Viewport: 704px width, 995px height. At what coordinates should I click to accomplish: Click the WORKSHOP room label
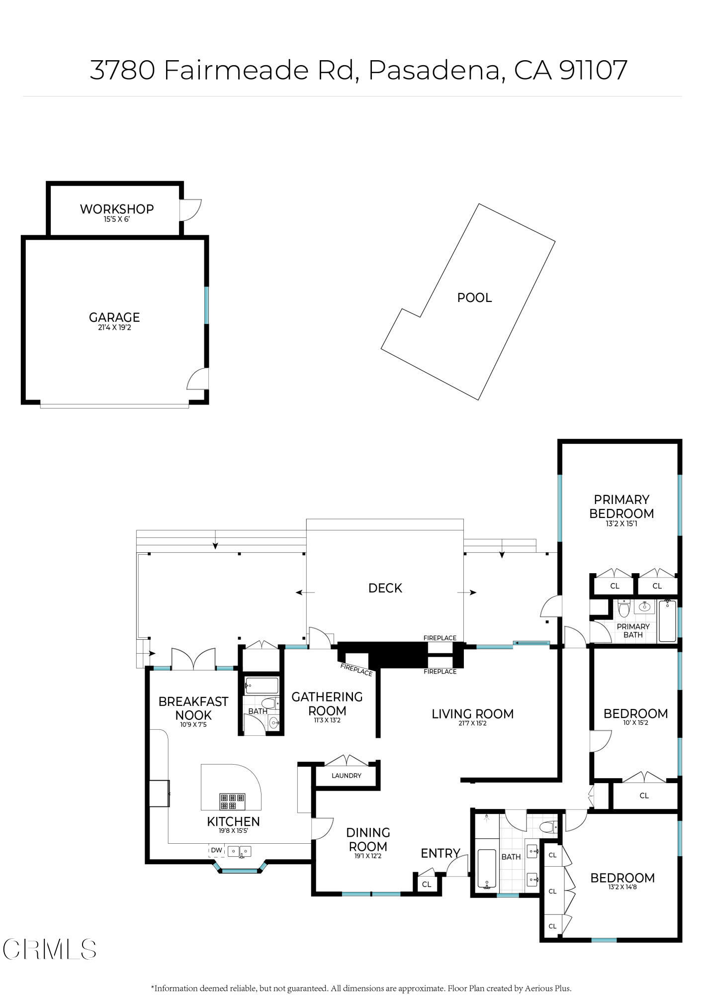point(117,209)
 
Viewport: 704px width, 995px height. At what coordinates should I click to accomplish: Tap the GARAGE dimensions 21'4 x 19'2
point(114,328)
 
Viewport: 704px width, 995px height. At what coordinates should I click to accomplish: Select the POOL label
point(474,298)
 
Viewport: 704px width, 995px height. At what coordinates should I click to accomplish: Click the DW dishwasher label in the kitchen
point(216,850)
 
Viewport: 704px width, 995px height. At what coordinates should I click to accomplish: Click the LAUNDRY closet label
point(346,776)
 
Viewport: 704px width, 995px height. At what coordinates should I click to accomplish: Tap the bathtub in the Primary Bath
point(667,621)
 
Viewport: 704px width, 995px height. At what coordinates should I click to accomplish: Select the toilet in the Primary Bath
point(624,608)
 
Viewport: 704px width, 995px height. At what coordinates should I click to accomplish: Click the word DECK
point(385,588)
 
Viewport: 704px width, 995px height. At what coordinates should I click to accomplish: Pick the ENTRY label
point(440,853)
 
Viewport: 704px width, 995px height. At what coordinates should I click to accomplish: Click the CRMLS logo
point(49,949)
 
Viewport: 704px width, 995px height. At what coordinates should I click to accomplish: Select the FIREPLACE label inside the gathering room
point(356,670)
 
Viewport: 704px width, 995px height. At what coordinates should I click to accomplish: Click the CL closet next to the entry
point(427,884)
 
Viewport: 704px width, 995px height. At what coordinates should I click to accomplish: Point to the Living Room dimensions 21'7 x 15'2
point(472,723)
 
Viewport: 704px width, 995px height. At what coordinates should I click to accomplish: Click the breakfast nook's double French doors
point(193,659)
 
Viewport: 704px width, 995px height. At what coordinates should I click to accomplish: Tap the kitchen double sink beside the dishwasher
point(240,851)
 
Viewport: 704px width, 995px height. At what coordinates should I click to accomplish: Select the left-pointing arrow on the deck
point(305,593)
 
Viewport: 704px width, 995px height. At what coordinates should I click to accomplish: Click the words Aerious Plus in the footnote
point(548,988)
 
